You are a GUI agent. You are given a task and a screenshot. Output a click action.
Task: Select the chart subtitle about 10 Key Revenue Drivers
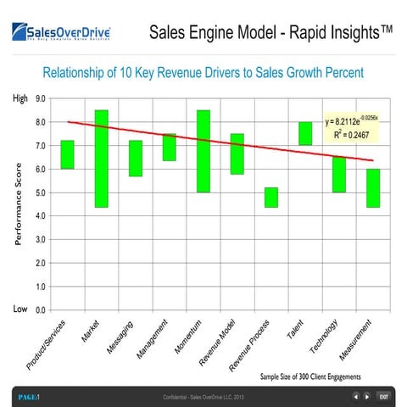[x=203, y=73]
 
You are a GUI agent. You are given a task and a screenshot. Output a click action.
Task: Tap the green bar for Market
[x=101, y=159]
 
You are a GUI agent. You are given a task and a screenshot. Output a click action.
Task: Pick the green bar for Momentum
[x=203, y=151]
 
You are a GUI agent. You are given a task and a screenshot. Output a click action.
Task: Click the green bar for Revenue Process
[x=270, y=198]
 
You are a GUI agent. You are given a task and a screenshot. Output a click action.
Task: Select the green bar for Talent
[x=304, y=133]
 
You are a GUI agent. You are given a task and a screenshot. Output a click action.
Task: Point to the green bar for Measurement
[x=372, y=187]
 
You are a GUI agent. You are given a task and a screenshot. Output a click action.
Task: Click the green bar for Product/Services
[x=67, y=154]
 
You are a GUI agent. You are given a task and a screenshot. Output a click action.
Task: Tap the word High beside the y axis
[x=20, y=98]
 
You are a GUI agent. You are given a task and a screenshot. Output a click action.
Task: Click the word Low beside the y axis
[x=20, y=309]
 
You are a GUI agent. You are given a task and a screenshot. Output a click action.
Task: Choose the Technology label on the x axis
[x=326, y=337]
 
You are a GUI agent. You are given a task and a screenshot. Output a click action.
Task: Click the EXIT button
[x=383, y=396]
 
